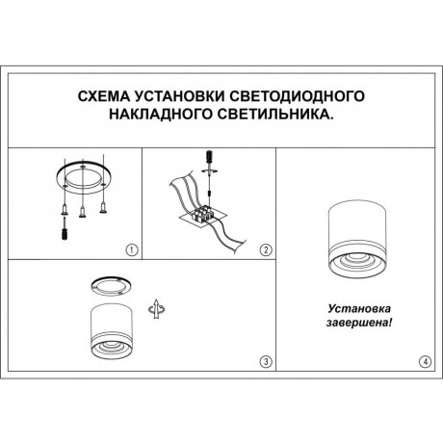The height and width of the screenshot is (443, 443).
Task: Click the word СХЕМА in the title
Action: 103,97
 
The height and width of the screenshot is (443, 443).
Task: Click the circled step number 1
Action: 133,249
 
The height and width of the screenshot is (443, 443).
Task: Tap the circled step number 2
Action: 264,249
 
